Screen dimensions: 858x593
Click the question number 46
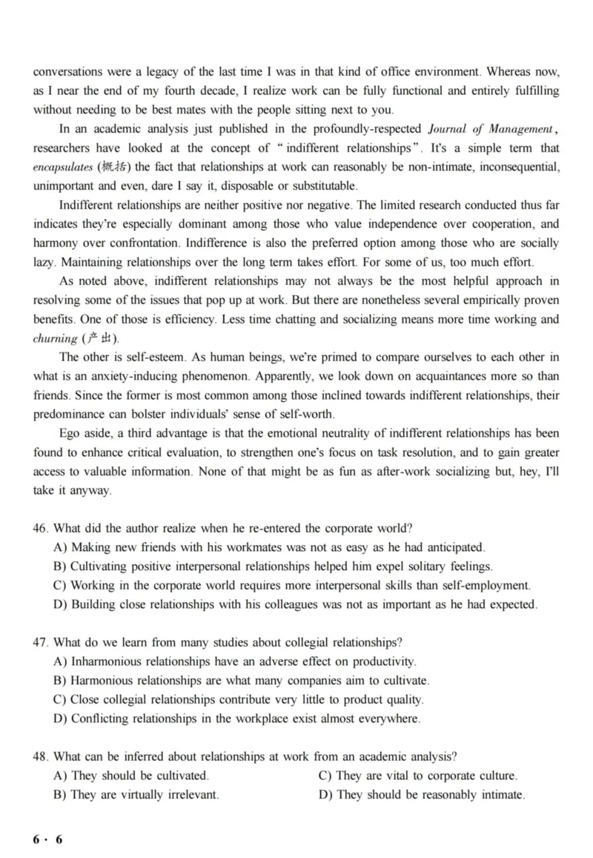[x=40, y=528]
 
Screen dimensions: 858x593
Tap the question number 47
[x=40, y=642]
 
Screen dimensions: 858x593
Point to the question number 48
[x=40, y=756]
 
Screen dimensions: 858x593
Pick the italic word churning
[x=54, y=338]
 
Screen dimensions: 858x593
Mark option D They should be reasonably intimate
[x=431, y=795]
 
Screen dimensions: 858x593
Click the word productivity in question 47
[x=378, y=661]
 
